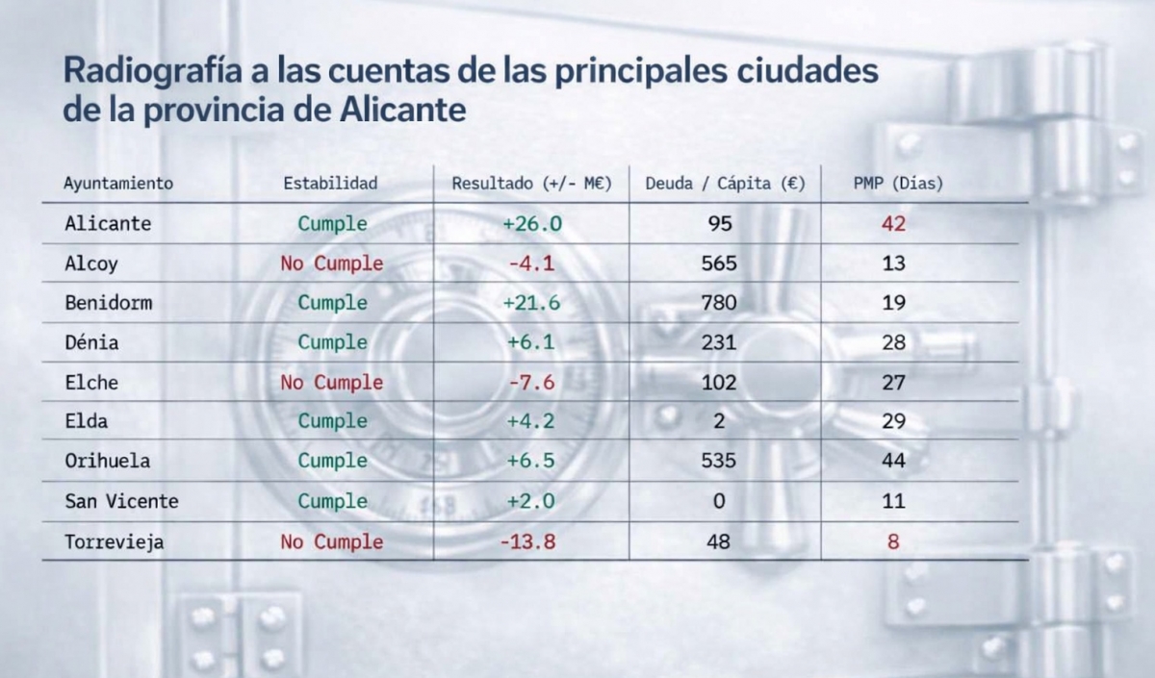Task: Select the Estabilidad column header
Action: point(330,183)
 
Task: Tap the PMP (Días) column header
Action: point(898,183)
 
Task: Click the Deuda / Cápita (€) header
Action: point(725,183)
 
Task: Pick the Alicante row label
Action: point(108,223)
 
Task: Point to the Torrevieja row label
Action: point(114,541)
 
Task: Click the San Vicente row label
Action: point(121,501)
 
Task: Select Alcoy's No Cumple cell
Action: point(331,263)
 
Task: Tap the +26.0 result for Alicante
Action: point(531,223)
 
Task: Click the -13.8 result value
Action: point(527,541)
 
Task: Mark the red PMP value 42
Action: point(893,223)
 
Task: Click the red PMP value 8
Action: point(893,541)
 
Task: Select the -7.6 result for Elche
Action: point(531,382)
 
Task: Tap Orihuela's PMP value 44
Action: point(893,461)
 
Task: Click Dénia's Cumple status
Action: point(332,342)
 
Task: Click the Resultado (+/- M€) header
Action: point(532,183)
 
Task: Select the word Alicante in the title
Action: point(403,110)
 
